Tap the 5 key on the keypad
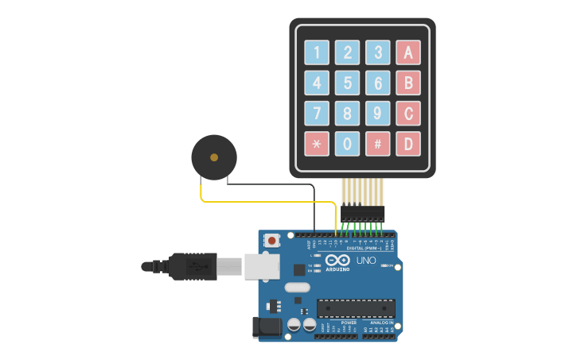(x=347, y=83)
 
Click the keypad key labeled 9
(x=378, y=113)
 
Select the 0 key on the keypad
(x=347, y=144)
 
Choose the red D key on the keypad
(x=408, y=144)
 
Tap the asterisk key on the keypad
(x=317, y=144)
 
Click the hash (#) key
(x=378, y=144)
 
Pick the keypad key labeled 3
(x=378, y=52)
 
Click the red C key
(x=408, y=113)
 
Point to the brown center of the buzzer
(x=214, y=157)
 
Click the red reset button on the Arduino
(x=272, y=239)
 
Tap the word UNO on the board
(x=366, y=261)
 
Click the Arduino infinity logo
(x=337, y=261)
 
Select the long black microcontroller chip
(x=356, y=308)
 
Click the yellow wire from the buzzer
(x=263, y=201)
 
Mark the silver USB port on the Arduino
(x=261, y=266)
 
